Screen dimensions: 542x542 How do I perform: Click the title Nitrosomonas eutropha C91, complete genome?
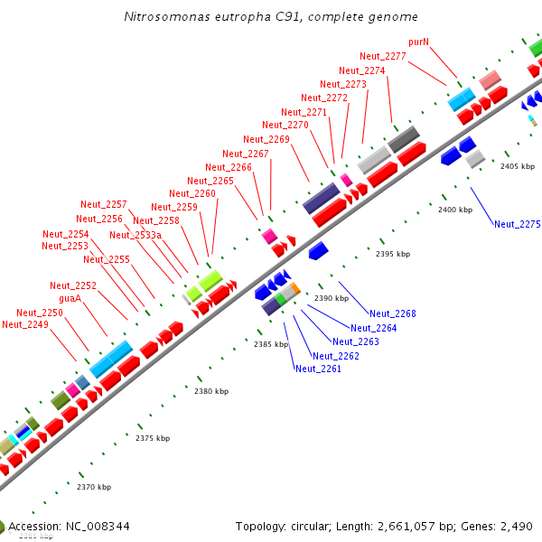[271, 17]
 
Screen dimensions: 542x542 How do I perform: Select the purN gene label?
[418, 42]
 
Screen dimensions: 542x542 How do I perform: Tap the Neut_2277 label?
[382, 56]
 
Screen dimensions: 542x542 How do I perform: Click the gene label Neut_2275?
[517, 224]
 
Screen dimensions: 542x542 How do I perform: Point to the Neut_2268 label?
[392, 313]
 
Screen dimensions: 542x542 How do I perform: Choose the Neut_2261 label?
[318, 369]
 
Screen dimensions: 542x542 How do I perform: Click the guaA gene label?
[70, 298]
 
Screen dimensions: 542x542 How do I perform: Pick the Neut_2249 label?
[24, 324]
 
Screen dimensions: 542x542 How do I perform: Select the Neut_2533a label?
[135, 235]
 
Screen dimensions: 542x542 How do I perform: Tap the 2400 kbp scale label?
[454, 210]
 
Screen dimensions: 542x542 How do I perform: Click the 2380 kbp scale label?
[211, 391]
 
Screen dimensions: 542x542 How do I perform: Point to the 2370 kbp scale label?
[94, 487]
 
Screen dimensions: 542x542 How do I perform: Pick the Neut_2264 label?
[373, 328]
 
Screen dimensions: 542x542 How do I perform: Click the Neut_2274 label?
[361, 70]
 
